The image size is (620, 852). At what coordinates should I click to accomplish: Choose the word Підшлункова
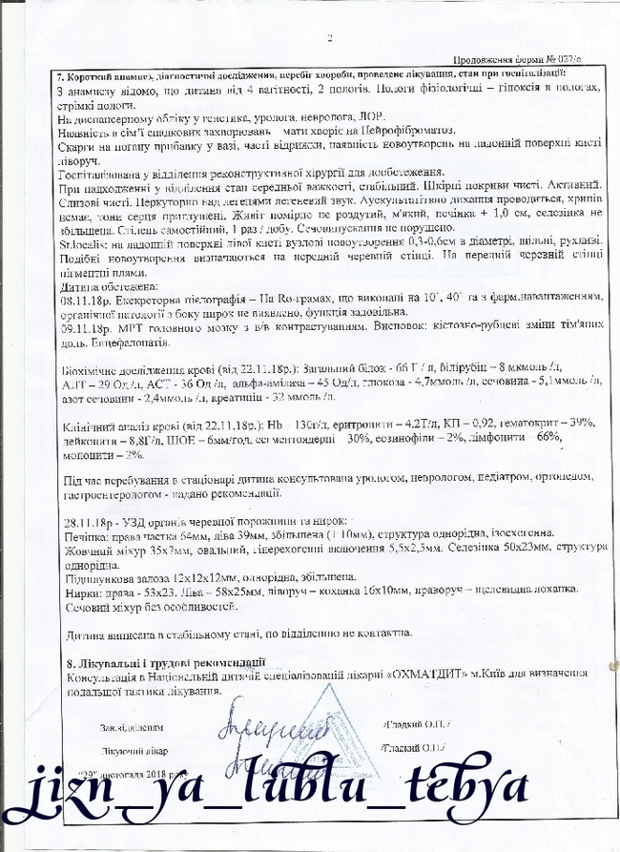point(86,577)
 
